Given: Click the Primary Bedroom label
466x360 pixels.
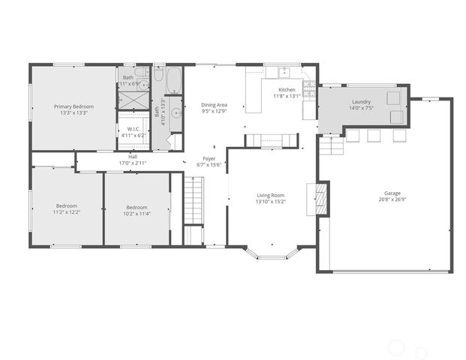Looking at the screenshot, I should pyautogui.click(x=71, y=106).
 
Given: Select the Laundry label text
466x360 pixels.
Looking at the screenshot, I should pyautogui.click(x=360, y=102).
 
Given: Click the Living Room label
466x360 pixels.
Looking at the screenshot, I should pyautogui.click(x=271, y=195).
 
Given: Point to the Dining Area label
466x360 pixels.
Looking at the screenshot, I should pyautogui.click(x=214, y=105).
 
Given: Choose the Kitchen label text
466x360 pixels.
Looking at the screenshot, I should pyautogui.click(x=287, y=90).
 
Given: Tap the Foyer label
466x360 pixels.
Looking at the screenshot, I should pyautogui.click(x=211, y=159).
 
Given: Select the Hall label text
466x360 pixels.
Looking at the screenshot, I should pyautogui.click(x=132, y=157).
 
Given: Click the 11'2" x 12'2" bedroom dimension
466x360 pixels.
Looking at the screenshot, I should pyautogui.click(x=67, y=213).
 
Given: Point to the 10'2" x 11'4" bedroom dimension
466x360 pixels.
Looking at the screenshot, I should pyautogui.click(x=137, y=214).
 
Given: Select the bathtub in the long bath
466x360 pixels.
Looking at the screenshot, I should pyautogui.click(x=173, y=79).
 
